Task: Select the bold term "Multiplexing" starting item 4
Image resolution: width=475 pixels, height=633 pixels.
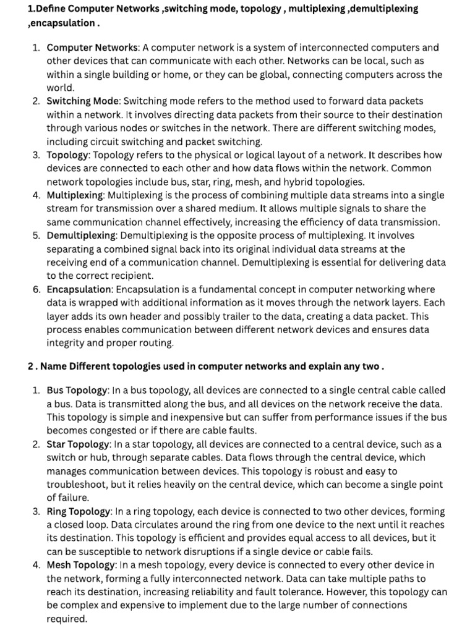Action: point(75,195)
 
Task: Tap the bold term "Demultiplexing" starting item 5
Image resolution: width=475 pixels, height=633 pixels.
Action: point(81,236)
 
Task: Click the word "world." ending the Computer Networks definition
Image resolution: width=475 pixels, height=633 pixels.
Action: point(60,88)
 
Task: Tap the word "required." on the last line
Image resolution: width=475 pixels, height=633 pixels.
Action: point(67,619)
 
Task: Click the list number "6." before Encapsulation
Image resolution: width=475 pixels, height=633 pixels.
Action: point(36,289)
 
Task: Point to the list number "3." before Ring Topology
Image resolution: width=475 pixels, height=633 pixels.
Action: point(36,511)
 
